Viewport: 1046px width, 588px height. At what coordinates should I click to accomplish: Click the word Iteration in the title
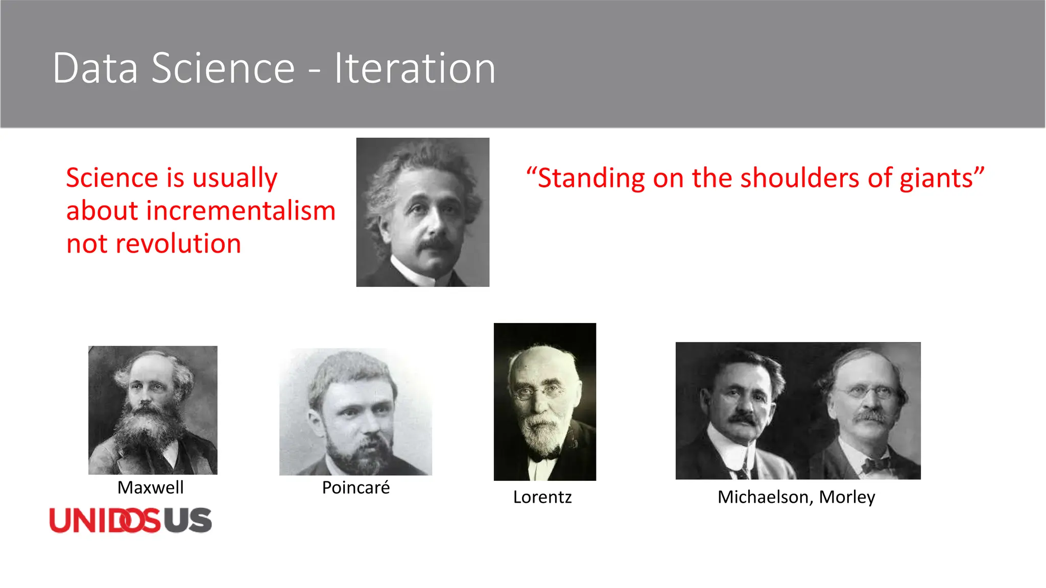414,68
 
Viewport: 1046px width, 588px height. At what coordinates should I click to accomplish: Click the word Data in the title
95,68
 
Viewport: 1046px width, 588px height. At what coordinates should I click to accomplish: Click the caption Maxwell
150,487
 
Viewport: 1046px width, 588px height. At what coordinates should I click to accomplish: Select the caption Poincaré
355,487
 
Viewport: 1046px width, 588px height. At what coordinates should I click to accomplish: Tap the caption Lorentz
542,497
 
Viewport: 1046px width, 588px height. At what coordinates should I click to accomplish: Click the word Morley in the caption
847,497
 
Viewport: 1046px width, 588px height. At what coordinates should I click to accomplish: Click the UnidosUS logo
130,520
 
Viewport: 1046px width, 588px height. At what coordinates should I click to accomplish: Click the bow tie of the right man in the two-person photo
875,465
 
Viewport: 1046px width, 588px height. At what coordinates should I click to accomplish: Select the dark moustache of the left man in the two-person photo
744,419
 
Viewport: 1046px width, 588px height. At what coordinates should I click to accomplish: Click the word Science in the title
223,68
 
